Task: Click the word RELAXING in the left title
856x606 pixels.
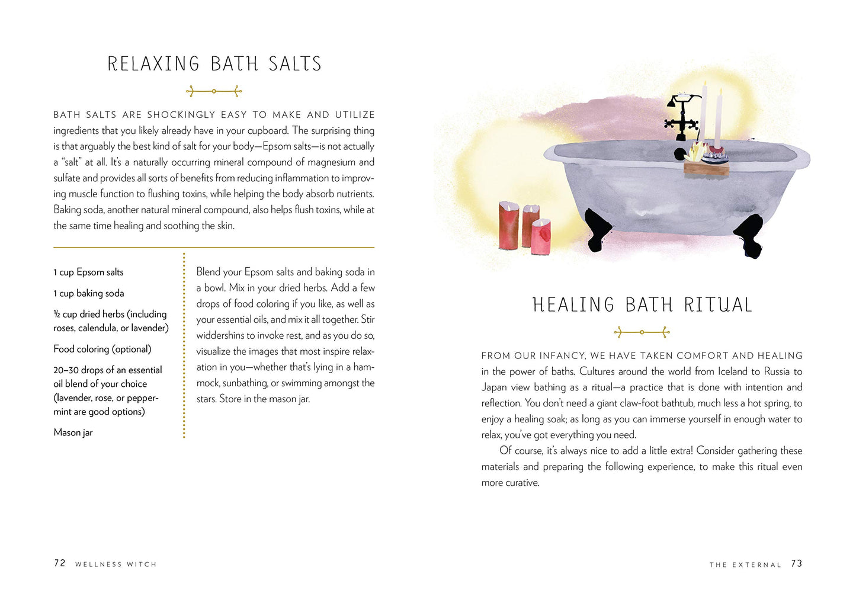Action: (x=153, y=64)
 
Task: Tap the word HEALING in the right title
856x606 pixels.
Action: (x=573, y=305)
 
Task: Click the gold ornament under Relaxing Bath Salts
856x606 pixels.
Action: (x=214, y=91)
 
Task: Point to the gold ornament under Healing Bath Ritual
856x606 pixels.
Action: (x=642, y=332)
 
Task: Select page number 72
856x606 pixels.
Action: (x=60, y=563)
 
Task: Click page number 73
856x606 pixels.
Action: (x=797, y=563)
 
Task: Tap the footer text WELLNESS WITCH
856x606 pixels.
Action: (x=116, y=565)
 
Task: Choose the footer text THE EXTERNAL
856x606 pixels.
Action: (x=745, y=565)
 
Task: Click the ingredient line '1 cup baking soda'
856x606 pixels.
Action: (x=89, y=293)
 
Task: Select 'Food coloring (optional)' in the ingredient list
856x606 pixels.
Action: (x=102, y=349)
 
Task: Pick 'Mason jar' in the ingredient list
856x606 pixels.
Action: (x=73, y=432)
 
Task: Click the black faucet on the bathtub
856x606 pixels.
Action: (x=681, y=116)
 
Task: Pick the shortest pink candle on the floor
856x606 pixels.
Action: (x=541, y=236)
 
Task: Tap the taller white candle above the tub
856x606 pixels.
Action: (x=704, y=113)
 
